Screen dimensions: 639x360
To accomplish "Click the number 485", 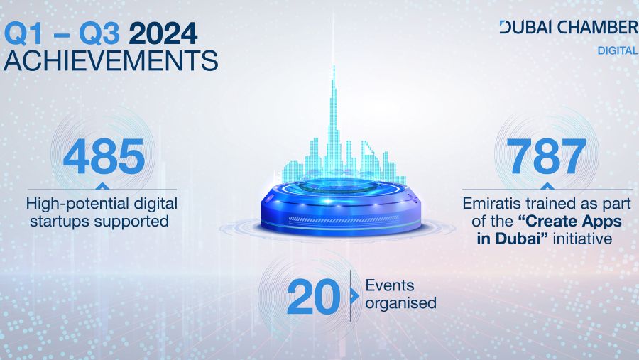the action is click(x=104, y=156).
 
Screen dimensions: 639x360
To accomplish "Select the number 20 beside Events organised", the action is click(x=313, y=296).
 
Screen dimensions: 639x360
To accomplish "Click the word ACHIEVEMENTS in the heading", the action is click(x=111, y=61).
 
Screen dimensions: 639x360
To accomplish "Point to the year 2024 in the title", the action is click(x=163, y=33).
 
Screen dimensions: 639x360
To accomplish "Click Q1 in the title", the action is click(x=23, y=34).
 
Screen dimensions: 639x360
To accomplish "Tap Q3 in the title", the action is click(x=99, y=34).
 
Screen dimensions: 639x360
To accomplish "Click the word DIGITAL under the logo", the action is click(x=618, y=50).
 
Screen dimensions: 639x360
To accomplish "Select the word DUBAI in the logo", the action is click(x=526, y=27).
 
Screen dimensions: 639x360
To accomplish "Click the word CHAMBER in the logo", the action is click(x=598, y=27).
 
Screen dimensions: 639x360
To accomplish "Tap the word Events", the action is click(x=390, y=285).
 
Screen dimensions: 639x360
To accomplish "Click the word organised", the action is click(x=400, y=303).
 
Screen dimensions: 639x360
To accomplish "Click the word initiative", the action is click(x=582, y=239).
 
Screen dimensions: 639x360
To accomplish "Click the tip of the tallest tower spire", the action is click(x=334, y=66).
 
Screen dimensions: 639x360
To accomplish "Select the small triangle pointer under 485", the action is click(x=102, y=186).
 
